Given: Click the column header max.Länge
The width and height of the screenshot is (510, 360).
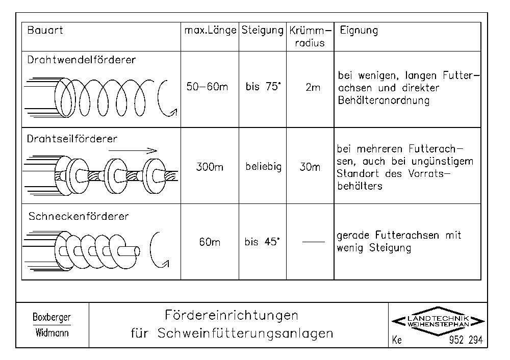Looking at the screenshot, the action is pyautogui.click(x=210, y=30).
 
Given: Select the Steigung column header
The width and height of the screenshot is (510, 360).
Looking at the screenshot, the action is pyautogui.click(x=263, y=31).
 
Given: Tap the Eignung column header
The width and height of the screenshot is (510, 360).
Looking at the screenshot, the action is pyautogui.click(x=359, y=31).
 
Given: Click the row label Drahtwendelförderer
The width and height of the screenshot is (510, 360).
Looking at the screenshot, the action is pyautogui.click(x=81, y=60).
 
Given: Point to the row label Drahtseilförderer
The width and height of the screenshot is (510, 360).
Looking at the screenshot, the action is pyautogui.click(x=72, y=139).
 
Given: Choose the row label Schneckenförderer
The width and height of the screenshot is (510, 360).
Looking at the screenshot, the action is pyautogui.click(x=79, y=216).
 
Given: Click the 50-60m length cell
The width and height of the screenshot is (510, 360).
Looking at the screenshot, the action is pyautogui.click(x=207, y=87).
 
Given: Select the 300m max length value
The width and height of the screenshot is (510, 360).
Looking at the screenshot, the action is pyautogui.click(x=210, y=167).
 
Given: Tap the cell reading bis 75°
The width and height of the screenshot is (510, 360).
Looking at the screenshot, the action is pyautogui.click(x=263, y=87).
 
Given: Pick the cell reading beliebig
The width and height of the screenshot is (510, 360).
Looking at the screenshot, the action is pyautogui.click(x=264, y=167).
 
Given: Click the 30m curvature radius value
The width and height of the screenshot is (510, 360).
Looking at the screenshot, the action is pyautogui.click(x=310, y=167).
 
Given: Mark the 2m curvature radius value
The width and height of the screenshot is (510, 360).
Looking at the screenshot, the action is pyautogui.click(x=313, y=87).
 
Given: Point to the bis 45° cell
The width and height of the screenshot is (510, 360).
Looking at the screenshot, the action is pyautogui.click(x=262, y=242).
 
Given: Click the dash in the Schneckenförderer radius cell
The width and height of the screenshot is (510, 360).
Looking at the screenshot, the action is pyautogui.click(x=314, y=242).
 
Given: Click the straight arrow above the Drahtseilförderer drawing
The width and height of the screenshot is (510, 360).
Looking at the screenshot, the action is pyautogui.click(x=133, y=150).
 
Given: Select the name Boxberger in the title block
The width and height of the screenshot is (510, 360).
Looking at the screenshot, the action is pyautogui.click(x=52, y=317).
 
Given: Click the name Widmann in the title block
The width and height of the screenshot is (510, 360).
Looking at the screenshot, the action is pyautogui.click(x=52, y=332).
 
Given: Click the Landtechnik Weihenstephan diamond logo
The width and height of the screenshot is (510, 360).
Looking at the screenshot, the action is pyautogui.click(x=438, y=321).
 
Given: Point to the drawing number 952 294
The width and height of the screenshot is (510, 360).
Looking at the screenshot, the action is pyautogui.click(x=466, y=340).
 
